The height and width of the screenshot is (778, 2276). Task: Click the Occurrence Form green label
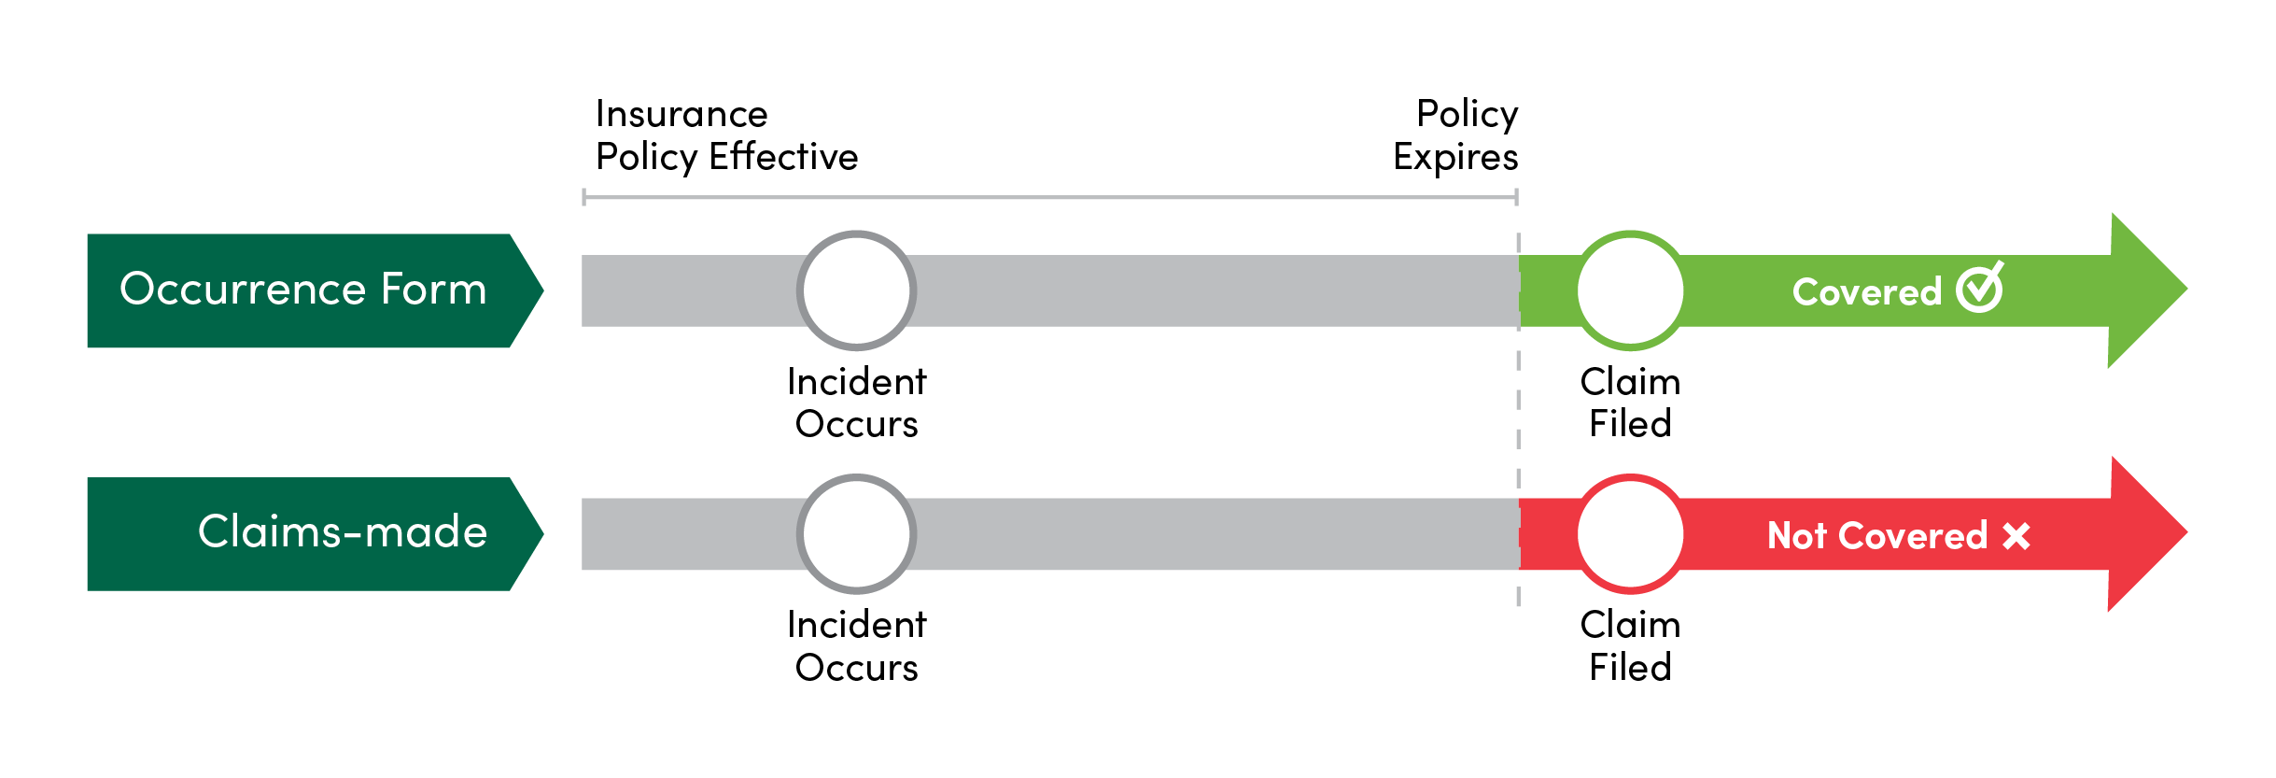[x=315, y=290]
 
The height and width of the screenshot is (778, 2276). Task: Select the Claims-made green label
[x=315, y=534]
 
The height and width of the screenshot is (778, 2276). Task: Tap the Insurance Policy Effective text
[x=726, y=135]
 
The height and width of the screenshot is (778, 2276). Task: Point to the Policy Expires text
[x=1455, y=135]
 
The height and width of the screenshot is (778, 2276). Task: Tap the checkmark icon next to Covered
[x=1979, y=288]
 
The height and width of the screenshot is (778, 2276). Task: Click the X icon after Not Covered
[x=2016, y=536]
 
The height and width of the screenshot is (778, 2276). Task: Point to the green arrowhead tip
[x=2187, y=290]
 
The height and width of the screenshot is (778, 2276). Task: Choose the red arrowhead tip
[x=2187, y=533]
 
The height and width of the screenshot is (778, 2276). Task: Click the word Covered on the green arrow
[x=1867, y=292]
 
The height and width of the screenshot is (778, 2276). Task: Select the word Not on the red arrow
[x=1796, y=536]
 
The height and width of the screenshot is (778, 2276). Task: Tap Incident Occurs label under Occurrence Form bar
[x=857, y=403]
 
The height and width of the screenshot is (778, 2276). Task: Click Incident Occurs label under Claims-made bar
[x=857, y=645]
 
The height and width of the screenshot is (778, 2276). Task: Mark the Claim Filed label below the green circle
[x=1630, y=403]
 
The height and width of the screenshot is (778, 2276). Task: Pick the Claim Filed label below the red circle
[x=1630, y=645]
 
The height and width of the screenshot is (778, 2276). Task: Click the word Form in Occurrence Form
[x=433, y=290]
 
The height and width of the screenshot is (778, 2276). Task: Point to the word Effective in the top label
[x=783, y=156]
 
